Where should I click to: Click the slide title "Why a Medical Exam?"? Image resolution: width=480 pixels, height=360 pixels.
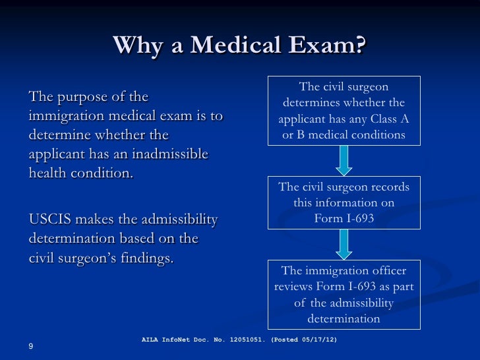(239, 46)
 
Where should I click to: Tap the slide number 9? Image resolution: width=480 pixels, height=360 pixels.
(31, 347)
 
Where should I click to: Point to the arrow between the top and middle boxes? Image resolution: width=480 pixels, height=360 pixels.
(344, 160)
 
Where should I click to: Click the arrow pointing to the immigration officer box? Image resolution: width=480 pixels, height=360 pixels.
(344, 244)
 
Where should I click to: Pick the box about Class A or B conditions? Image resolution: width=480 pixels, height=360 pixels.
(344, 111)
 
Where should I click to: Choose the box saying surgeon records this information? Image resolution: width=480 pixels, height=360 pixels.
(344, 202)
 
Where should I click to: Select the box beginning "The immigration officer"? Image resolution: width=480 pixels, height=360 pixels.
(344, 295)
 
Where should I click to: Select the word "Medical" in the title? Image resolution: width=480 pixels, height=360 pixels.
(239, 46)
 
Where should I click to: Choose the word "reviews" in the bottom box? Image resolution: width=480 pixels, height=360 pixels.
(293, 287)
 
